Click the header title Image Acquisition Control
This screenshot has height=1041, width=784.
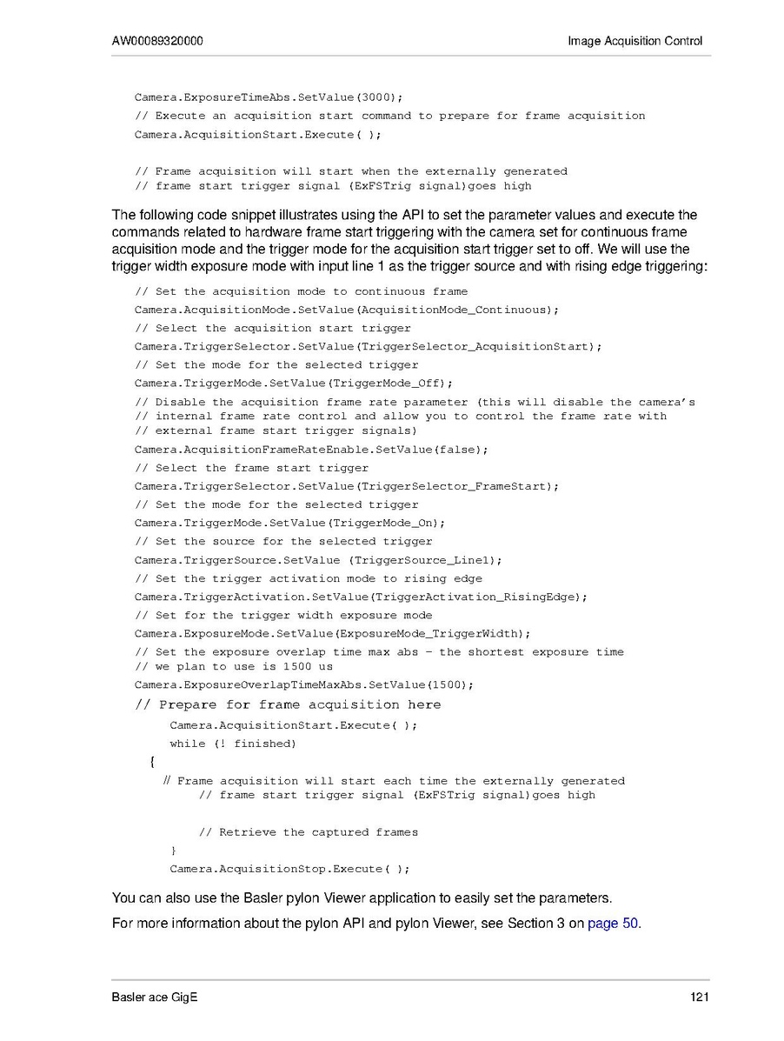click(635, 41)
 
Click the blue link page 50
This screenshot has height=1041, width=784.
click(614, 923)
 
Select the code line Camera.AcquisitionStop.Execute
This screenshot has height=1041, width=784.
click(289, 869)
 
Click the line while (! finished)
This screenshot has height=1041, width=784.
click(233, 744)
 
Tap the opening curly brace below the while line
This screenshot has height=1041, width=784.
click(153, 762)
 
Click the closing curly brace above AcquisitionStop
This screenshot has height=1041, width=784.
click(174, 850)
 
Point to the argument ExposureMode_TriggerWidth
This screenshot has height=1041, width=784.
click(431, 633)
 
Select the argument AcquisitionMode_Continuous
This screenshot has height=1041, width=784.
click(455, 310)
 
